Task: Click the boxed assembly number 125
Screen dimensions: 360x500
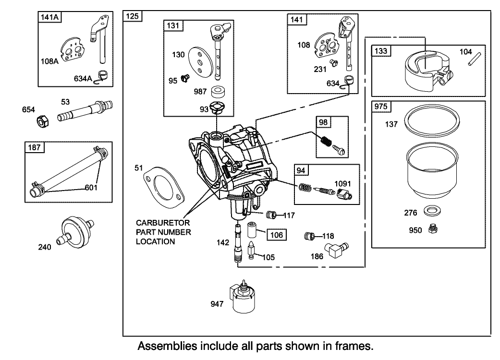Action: [x=132, y=16]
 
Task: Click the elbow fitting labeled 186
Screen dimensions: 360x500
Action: [x=335, y=249]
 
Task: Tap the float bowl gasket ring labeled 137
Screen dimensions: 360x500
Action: [x=429, y=123]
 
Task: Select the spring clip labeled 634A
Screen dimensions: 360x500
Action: [x=102, y=76]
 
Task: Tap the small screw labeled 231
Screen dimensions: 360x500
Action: [x=332, y=63]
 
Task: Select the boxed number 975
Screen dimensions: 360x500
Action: [x=381, y=107]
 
